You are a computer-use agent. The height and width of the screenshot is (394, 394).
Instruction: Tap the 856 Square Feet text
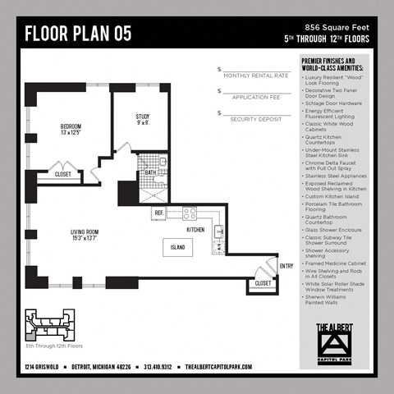tap(337, 27)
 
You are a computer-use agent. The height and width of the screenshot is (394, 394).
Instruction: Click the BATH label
tap(150, 172)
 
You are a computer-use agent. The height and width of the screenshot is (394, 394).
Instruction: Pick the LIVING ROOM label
tap(84, 236)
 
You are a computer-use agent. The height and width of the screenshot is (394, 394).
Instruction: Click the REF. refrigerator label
tap(159, 213)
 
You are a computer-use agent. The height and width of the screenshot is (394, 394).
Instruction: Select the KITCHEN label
tap(195, 230)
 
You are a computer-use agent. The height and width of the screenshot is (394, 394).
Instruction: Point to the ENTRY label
tap(286, 265)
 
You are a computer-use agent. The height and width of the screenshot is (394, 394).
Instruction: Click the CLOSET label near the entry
tap(263, 283)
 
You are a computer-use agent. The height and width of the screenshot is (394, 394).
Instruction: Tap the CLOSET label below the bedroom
tap(62, 174)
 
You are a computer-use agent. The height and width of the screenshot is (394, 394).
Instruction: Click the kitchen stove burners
tap(190, 213)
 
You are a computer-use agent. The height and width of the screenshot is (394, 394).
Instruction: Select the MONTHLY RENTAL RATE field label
tap(256, 76)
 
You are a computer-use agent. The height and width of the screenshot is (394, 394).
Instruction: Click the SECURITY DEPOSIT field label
tap(256, 119)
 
